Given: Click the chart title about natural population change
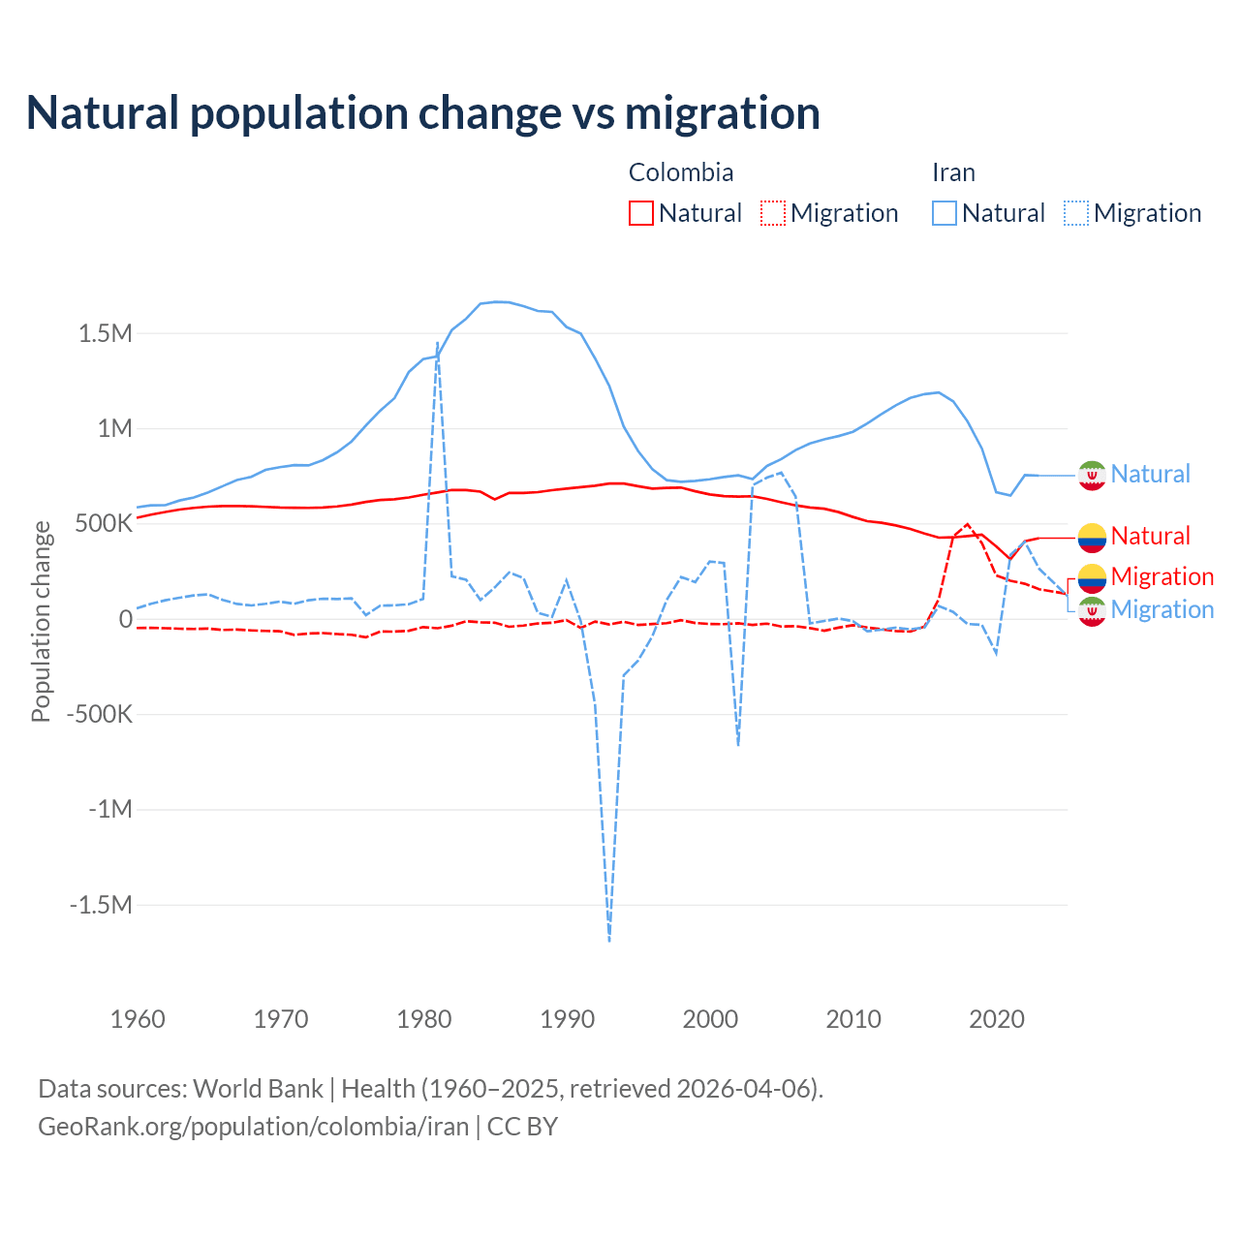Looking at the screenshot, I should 423,113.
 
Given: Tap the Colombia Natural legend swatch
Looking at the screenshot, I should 640,213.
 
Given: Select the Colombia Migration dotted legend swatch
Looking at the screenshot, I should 772,213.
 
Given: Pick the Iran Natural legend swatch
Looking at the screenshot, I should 944,213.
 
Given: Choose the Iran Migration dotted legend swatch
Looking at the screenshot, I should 1075,213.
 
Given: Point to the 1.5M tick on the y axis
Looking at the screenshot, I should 105,334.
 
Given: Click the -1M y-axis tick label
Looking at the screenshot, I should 109,809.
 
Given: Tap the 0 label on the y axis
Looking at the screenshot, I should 125,619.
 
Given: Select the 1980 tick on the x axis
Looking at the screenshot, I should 424,1019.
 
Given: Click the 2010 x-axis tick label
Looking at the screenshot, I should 853,1019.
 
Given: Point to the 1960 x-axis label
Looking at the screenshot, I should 138,1019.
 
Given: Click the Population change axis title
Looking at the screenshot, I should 41,621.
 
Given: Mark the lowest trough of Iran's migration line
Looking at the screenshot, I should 609,940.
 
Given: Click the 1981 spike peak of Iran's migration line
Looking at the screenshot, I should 438,343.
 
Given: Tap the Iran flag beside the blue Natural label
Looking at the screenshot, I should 1092,475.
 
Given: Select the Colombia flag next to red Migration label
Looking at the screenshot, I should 1092,577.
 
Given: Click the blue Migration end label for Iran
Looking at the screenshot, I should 1162,609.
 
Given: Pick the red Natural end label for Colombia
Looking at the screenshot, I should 1150,536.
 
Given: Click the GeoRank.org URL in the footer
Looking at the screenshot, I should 253,1127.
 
